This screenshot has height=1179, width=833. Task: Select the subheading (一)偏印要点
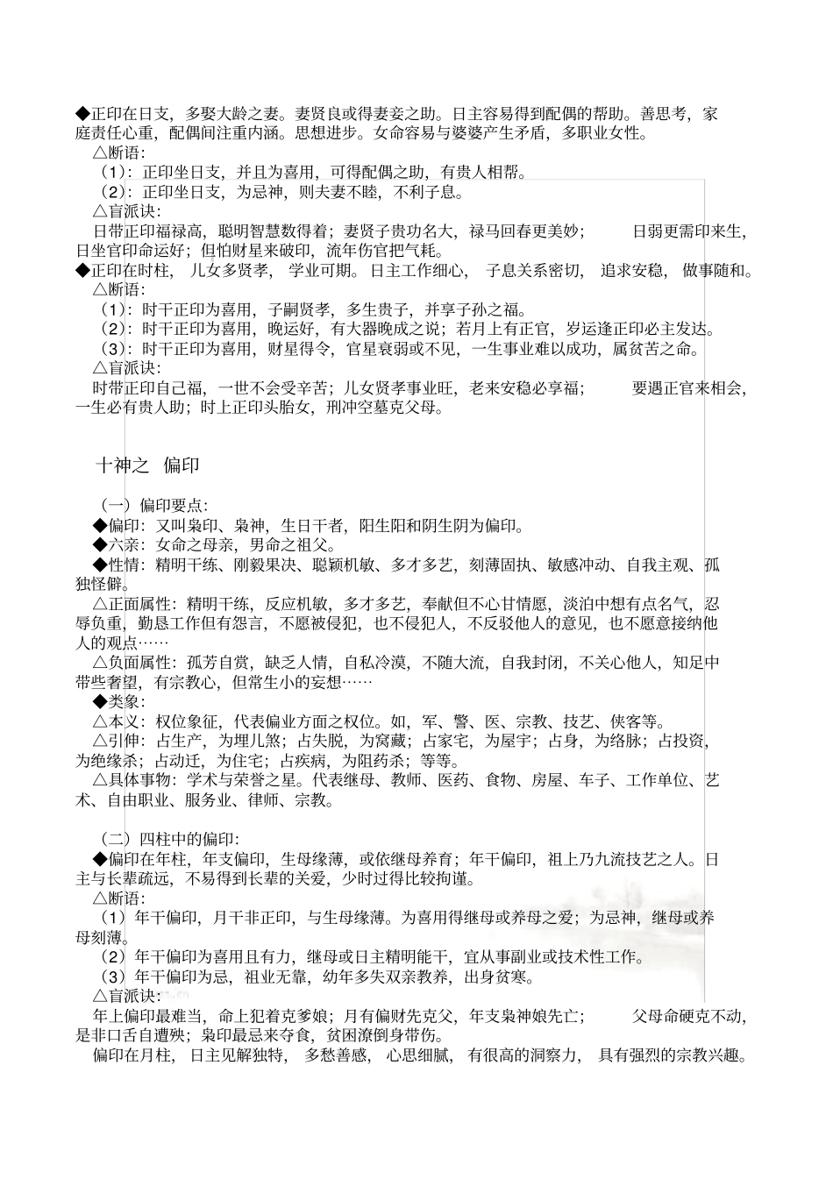click(x=153, y=506)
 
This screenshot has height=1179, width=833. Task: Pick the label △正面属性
click(x=131, y=604)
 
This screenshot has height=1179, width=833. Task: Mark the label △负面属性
click(x=131, y=663)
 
